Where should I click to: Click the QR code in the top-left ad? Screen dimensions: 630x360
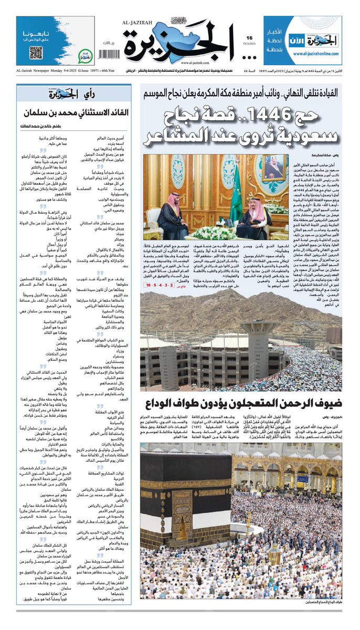coord(36,52)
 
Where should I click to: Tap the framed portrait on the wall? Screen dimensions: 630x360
coord(274,167)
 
